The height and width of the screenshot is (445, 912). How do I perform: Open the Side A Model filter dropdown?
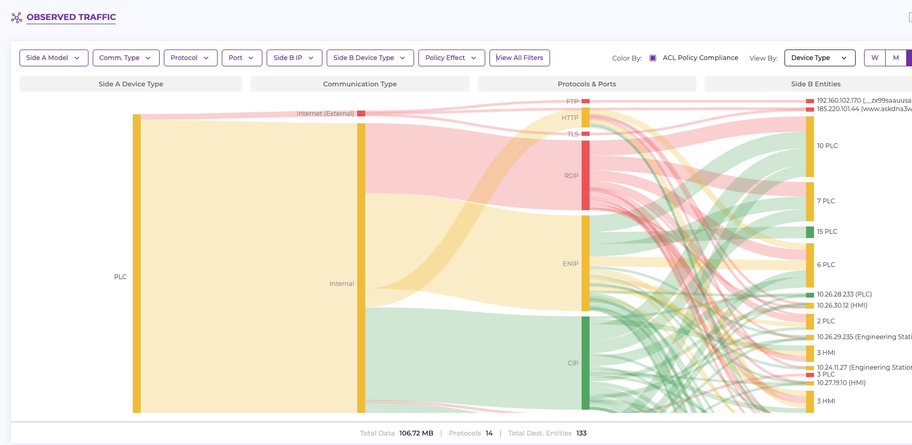pos(53,58)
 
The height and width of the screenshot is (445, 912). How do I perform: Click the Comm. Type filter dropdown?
pos(125,58)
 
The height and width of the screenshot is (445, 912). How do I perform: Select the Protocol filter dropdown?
pos(190,58)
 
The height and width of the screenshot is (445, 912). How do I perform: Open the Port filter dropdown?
pos(241,58)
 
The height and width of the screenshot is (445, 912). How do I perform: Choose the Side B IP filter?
pos(294,58)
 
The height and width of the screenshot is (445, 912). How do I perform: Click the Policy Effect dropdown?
pos(451,58)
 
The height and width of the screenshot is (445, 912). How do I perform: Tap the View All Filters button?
pos(519,58)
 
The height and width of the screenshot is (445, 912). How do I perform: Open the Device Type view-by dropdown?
pos(819,58)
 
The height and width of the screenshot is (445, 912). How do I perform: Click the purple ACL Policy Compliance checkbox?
pos(653,58)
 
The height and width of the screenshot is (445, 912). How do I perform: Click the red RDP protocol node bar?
pos(585,175)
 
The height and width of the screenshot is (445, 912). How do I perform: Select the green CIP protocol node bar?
pos(585,363)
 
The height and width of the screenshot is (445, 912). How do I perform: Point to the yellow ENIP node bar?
pos(585,263)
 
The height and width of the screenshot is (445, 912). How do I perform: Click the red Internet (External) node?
pos(361,113)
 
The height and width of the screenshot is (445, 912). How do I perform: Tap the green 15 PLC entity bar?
pos(810,232)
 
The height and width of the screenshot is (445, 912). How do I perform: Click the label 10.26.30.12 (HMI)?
pos(842,305)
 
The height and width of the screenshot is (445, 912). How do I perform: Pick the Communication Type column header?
pos(360,84)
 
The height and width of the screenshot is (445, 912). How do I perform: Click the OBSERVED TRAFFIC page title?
pos(71,17)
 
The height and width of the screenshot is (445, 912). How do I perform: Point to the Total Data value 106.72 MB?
pos(416,433)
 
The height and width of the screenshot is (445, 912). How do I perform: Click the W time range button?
pos(875,58)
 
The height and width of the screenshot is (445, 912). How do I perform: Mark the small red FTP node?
pos(585,101)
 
